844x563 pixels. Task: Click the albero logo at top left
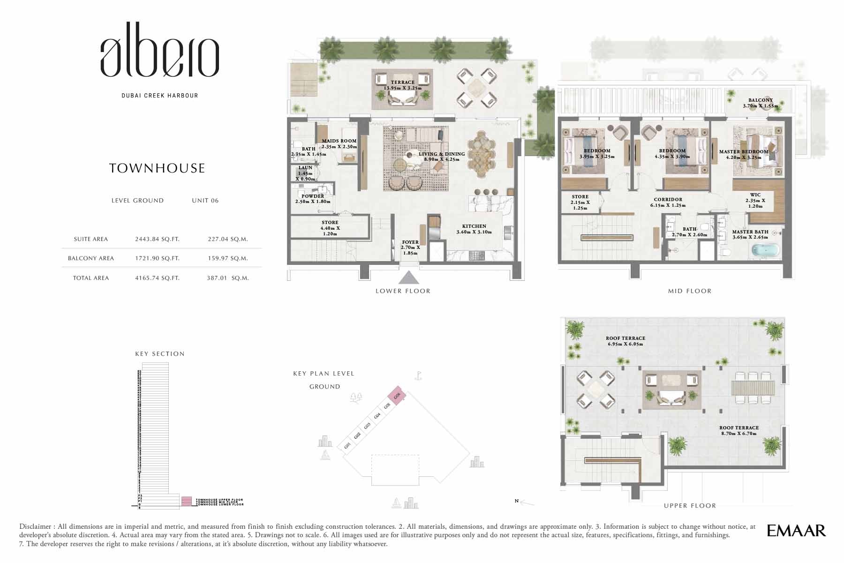coord(159,57)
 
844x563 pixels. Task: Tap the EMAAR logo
coord(796,531)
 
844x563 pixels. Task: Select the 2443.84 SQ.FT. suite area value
coord(157,239)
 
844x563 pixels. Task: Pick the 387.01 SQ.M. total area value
coord(227,278)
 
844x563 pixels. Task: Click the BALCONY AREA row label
coord(91,258)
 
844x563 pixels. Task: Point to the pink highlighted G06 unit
coord(397,397)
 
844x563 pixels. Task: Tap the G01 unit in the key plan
coord(347,445)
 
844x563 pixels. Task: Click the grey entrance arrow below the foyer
coord(409,278)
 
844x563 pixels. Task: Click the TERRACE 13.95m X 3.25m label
coord(402,85)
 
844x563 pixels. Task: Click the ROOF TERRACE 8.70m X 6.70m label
coord(739,430)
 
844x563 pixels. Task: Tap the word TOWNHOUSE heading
coord(157,168)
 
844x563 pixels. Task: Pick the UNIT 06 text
coord(205,201)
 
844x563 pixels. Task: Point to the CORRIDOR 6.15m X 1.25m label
coord(668,203)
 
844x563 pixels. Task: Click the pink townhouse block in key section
coord(187,501)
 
